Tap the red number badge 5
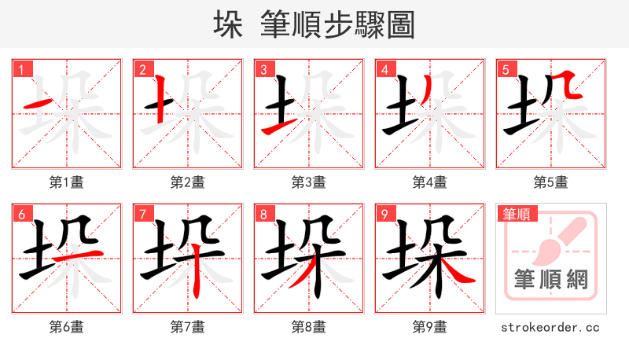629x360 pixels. tap(505, 68)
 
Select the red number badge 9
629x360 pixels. tap(384, 213)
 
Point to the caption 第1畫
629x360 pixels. tap(66, 182)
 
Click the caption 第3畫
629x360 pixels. tap(308, 182)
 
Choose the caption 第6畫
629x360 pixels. tap(66, 326)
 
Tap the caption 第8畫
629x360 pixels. tap(308, 326)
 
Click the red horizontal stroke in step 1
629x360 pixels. tap(38, 104)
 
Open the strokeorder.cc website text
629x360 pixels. tap(550, 326)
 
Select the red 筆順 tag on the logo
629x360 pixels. tap(516, 213)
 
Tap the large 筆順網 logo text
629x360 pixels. tap(550, 279)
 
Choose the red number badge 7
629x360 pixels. tap(142, 213)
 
